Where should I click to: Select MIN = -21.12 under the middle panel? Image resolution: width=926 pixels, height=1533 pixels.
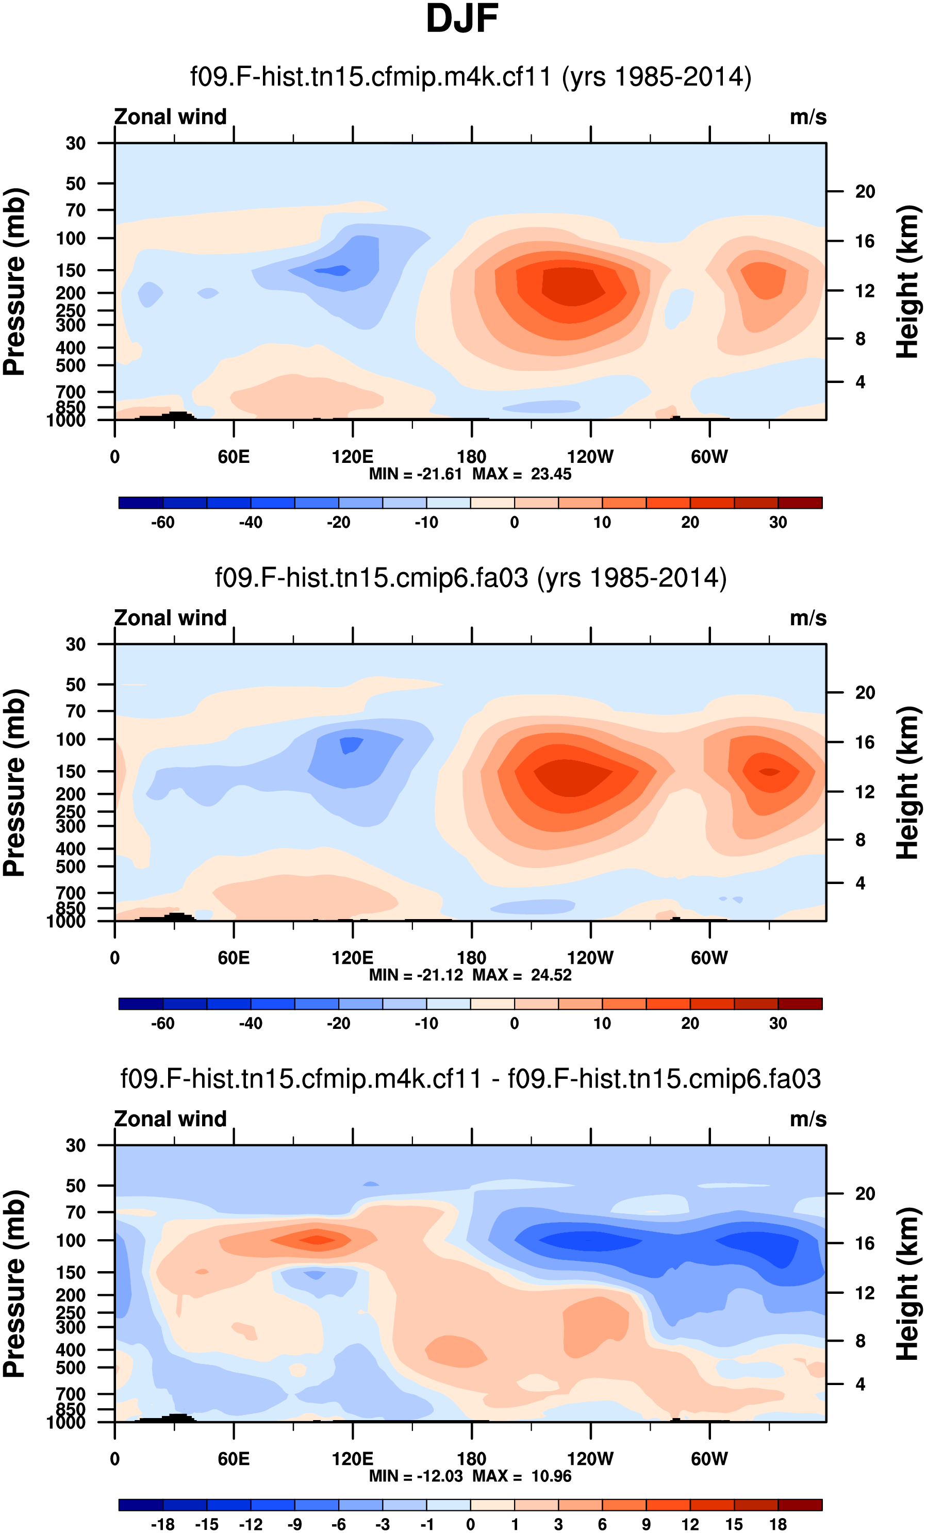(x=416, y=975)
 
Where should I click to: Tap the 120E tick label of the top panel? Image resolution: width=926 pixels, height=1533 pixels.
(x=352, y=457)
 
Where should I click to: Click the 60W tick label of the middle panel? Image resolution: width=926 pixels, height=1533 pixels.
(x=709, y=958)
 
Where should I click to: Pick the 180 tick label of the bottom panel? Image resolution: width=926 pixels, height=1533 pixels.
(x=471, y=1459)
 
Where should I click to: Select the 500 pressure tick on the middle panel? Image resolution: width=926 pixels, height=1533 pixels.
(x=71, y=867)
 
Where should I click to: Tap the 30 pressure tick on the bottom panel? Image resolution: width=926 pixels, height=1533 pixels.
(x=75, y=1145)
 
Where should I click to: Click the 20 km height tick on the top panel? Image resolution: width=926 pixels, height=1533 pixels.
(x=865, y=192)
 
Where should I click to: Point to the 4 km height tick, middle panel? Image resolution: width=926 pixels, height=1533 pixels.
(x=860, y=883)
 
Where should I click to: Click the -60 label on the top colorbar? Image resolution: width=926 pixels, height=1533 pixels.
(x=162, y=523)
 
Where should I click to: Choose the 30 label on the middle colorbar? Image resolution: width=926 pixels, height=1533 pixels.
(x=778, y=1023)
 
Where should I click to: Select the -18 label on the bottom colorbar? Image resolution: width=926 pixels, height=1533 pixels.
(x=162, y=1524)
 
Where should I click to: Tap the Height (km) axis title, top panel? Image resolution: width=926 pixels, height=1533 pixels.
(x=907, y=281)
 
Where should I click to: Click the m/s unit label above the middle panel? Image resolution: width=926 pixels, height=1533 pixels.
(x=808, y=619)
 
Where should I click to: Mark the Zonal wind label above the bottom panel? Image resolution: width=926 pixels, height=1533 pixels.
(x=170, y=1119)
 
